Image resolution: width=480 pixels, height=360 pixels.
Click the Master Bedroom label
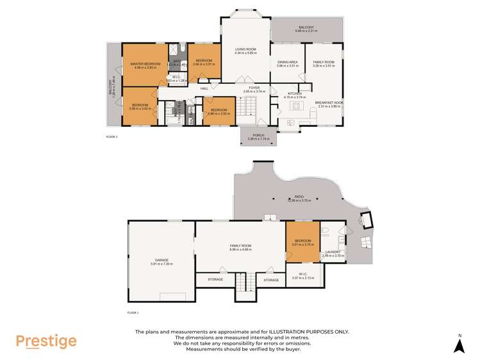click(145, 64)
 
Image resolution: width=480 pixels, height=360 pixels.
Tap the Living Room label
click(245, 49)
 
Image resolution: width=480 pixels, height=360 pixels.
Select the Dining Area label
click(287, 62)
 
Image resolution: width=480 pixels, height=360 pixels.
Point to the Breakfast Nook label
click(327, 103)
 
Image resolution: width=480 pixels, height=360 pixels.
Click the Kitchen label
click(294, 94)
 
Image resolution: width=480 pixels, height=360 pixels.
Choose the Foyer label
click(254, 88)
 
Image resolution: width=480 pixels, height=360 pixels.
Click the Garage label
click(161, 260)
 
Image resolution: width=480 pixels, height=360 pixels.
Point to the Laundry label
click(333, 252)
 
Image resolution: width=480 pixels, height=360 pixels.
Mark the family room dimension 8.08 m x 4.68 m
click(240, 249)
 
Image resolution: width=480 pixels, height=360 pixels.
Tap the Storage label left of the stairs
click(215, 279)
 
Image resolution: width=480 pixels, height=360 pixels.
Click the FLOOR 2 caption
click(112, 136)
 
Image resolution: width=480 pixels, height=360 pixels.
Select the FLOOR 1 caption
click(133, 312)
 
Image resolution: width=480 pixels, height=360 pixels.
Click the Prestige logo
click(46, 341)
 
